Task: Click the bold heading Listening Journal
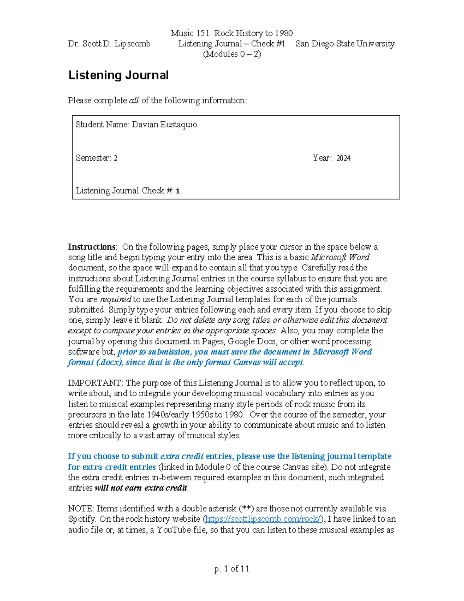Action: point(118,75)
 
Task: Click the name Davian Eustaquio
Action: point(164,125)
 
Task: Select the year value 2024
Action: point(343,158)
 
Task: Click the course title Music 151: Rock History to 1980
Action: point(232,33)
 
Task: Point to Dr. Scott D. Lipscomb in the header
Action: point(109,44)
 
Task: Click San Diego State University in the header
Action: point(345,44)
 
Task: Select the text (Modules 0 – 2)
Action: point(232,54)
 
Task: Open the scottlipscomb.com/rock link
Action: point(263,519)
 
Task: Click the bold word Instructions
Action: point(92,247)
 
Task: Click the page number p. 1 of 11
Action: point(232,568)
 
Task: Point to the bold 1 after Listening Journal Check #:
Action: point(177,191)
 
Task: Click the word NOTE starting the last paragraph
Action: point(80,509)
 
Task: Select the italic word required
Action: point(115,300)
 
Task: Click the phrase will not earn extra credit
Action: point(141,488)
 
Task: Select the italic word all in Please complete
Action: point(134,101)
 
